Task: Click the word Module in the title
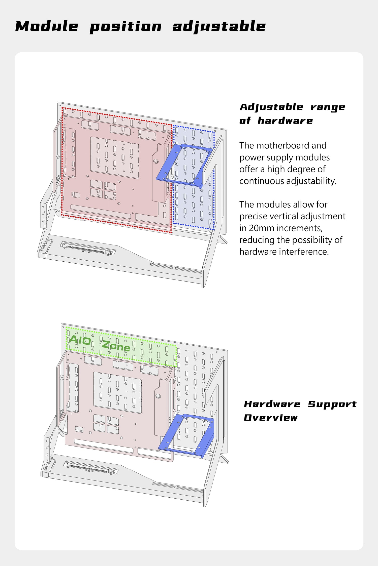(47, 26)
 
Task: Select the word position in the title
(125, 27)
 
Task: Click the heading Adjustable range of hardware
(292, 114)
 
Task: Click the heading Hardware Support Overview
(300, 411)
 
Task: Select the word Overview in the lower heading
(271, 418)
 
